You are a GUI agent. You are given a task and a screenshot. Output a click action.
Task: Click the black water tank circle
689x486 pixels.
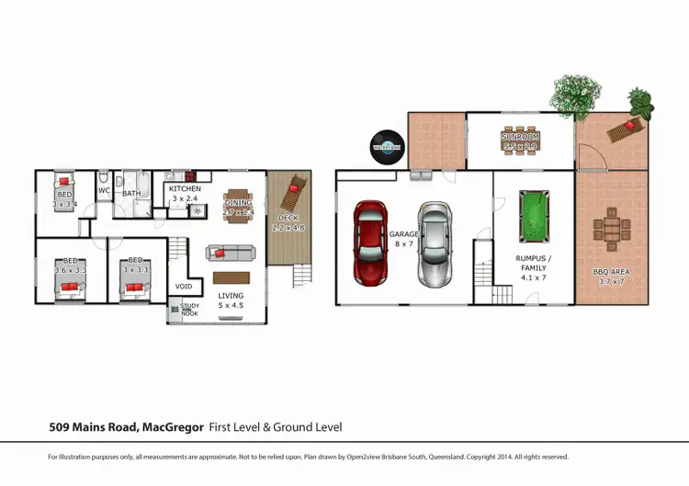387,145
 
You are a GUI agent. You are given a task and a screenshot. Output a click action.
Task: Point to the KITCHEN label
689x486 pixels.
185,188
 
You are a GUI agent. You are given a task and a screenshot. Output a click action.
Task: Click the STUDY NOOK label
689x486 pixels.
188,310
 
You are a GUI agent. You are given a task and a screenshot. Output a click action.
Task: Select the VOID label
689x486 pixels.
184,286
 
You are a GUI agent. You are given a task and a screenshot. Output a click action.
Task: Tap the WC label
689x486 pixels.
105,191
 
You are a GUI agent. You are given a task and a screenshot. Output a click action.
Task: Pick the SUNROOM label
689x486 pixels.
520,138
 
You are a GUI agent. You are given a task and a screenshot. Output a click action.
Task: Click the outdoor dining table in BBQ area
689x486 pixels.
610,229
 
